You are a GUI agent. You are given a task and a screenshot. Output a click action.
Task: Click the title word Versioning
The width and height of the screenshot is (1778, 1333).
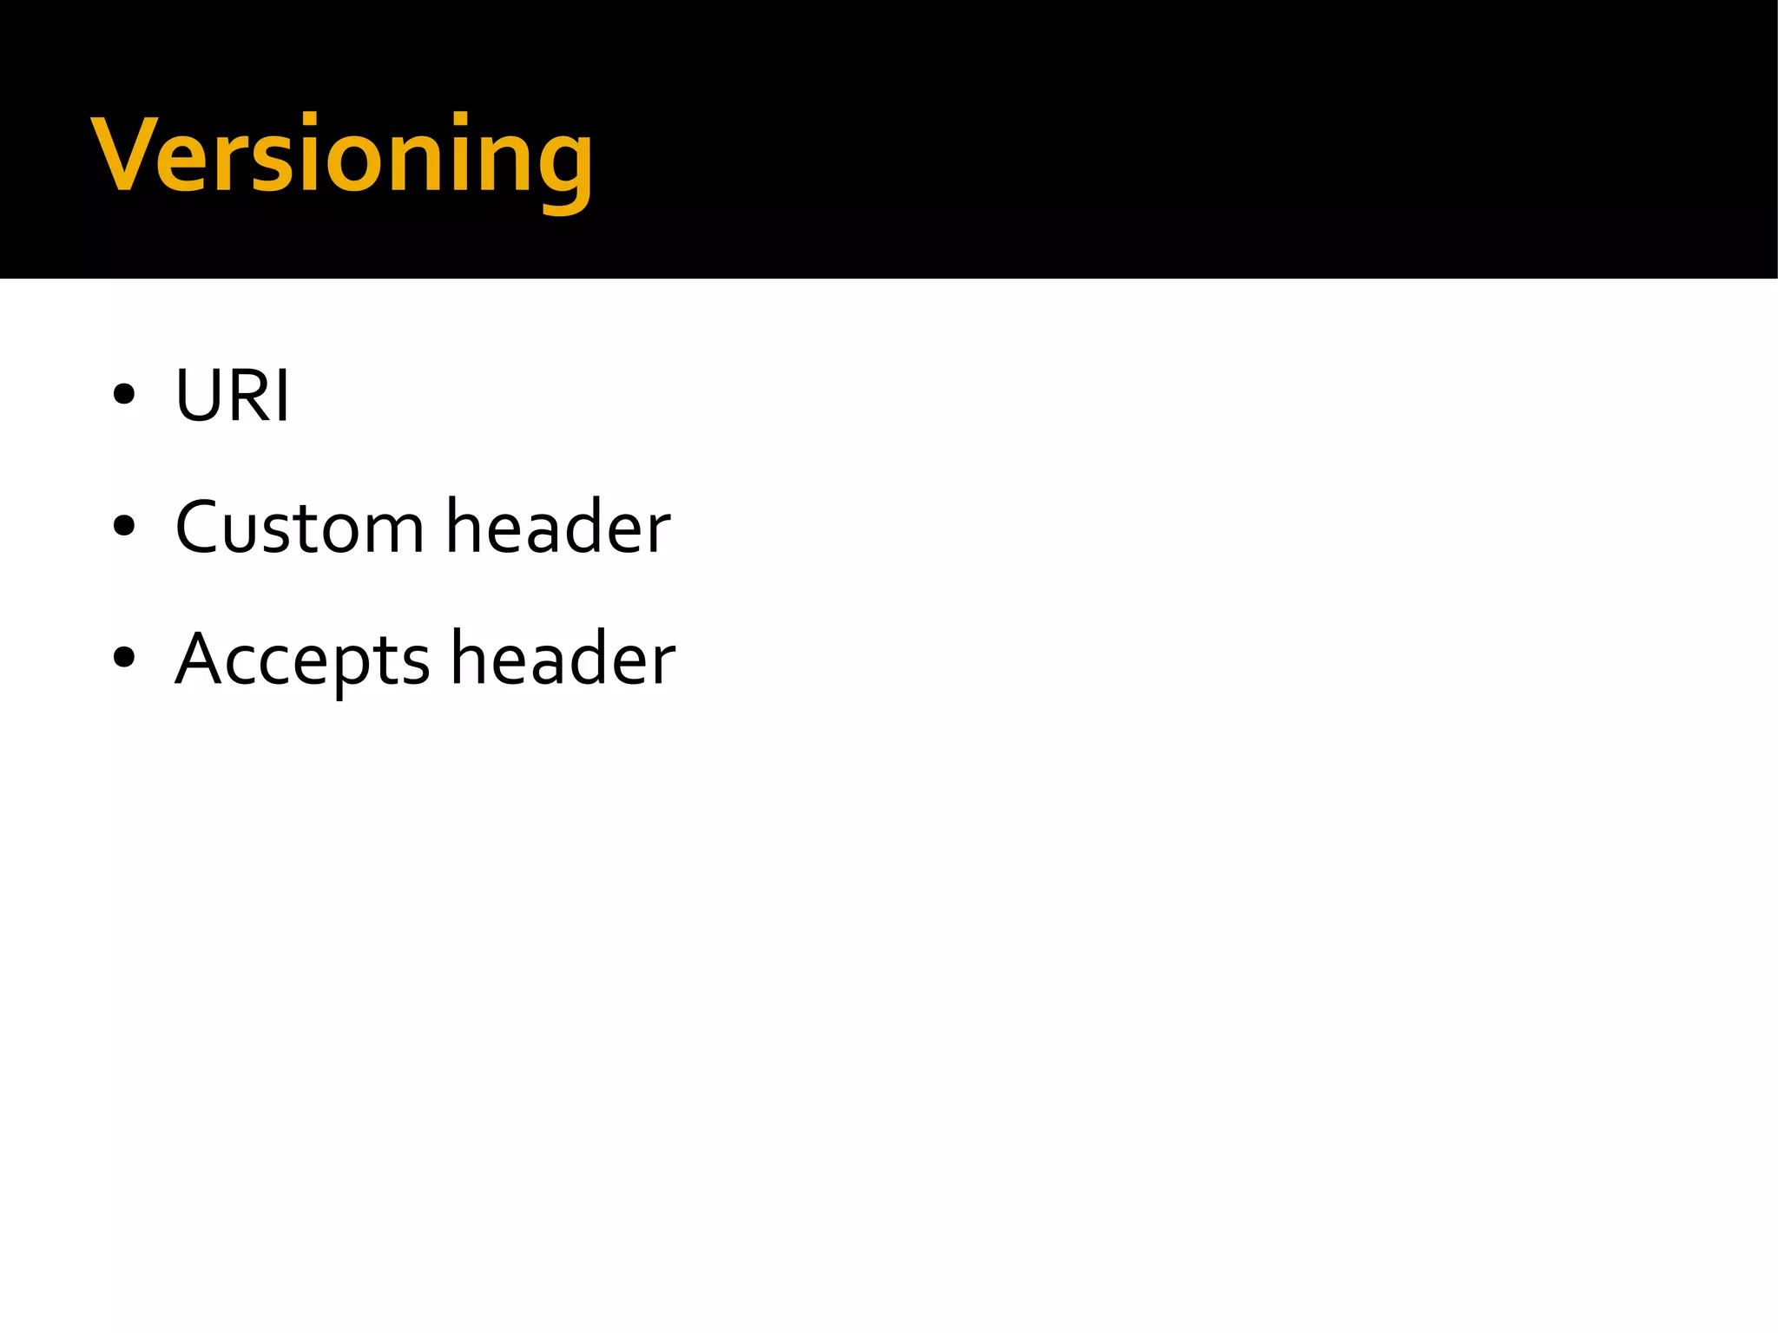[342, 156]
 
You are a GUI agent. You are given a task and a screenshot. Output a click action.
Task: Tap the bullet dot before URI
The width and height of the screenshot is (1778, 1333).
[124, 395]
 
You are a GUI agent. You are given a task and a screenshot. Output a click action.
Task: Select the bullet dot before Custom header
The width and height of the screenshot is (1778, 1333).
[124, 526]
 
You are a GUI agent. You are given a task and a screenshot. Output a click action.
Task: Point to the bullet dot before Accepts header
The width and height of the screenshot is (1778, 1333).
[124, 657]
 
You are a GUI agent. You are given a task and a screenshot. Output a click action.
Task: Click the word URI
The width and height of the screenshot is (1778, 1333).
[232, 396]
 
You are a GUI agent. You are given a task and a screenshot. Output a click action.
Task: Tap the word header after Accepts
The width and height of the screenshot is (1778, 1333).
[563, 658]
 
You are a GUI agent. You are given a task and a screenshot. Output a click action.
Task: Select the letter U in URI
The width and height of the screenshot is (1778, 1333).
[198, 396]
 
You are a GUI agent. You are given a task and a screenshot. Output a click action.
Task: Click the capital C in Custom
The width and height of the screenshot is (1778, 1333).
[198, 527]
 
